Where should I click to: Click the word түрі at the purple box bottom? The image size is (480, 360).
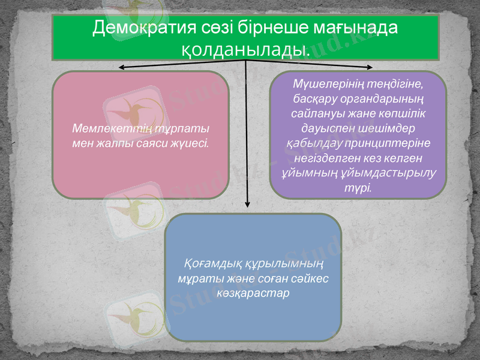coord(358,187)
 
